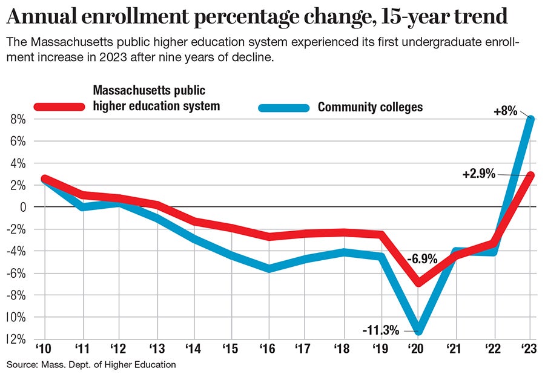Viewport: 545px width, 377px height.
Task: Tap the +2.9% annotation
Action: point(478,174)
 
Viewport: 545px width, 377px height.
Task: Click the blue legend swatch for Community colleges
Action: point(284,108)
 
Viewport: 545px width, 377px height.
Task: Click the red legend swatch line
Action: point(59,107)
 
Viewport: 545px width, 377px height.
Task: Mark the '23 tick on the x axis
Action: point(530,349)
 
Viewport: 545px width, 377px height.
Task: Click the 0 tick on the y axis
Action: point(22,207)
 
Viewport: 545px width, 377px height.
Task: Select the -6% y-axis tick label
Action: point(18,273)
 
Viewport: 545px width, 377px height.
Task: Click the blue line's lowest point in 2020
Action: point(418,330)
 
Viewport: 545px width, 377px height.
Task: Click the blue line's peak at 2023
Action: point(530,119)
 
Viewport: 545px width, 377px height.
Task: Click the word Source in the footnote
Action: point(21,364)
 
